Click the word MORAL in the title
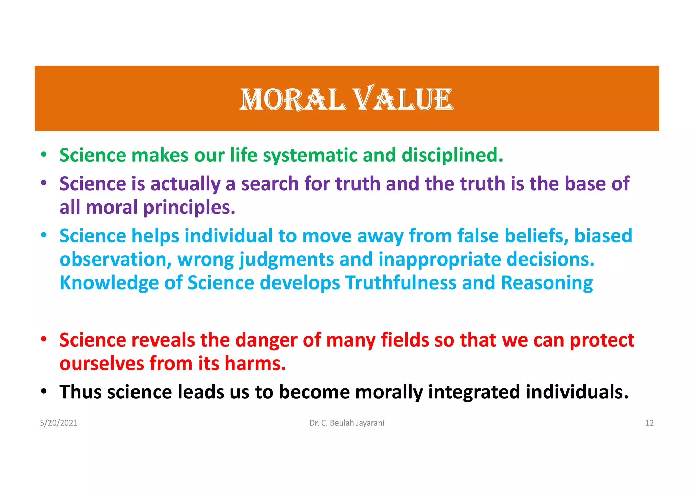(x=293, y=99)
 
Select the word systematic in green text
(x=310, y=155)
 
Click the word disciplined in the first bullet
(x=452, y=155)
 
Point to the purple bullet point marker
(x=43, y=183)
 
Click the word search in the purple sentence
(x=270, y=184)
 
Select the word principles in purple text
(x=189, y=208)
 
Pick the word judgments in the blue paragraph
(x=287, y=260)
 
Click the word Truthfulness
(x=401, y=283)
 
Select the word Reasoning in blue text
(x=547, y=283)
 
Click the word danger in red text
(x=266, y=340)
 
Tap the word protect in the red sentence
(x=602, y=340)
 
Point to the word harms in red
(x=255, y=364)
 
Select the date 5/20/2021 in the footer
(x=59, y=423)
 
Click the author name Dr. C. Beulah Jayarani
(x=347, y=423)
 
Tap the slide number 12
(x=649, y=423)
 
